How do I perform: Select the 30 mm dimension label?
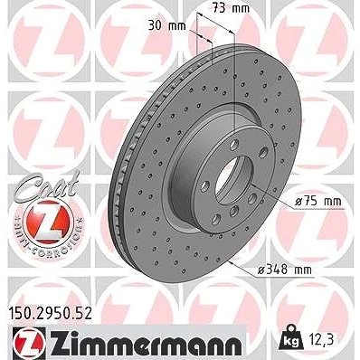point(166,25)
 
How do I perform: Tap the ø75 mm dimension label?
point(317,202)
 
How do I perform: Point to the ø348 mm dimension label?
point(285,270)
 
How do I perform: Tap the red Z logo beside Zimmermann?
point(29,343)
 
